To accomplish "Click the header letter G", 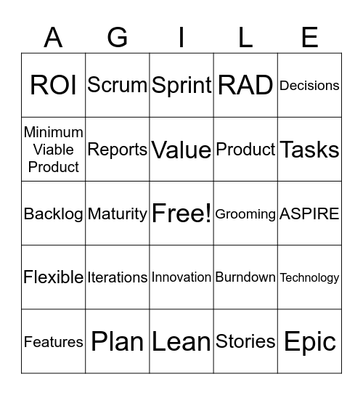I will pyautogui.click(x=118, y=36).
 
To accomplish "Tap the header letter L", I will pyautogui.click(x=245, y=36).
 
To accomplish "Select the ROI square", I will pyautogui.click(x=54, y=86).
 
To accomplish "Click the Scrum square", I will pyautogui.click(x=118, y=86).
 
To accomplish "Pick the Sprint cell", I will pyautogui.click(x=181, y=86).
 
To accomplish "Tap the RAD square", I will pyautogui.click(x=245, y=86).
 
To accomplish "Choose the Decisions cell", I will pyautogui.click(x=309, y=86).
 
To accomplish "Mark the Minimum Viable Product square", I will pyautogui.click(x=54, y=150).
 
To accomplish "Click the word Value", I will pyautogui.click(x=181, y=150).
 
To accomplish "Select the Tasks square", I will pyautogui.click(x=309, y=150).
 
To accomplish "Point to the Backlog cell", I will pyautogui.click(x=54, y=213).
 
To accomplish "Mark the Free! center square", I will pyautogui.click(x=181, y=213).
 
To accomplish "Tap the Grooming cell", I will pyautogui.click(x=245, y=213).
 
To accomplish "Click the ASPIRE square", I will pyautogui.click(x=309, y=213).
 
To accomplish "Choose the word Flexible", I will pyautogui.click(x=54, y=277).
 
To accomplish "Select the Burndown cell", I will pyautogui.click(x=245, y=277).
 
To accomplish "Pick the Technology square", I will pyautogui.click(x=309, y=277).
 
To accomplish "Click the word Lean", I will pyautogui.click(x=181, y=341).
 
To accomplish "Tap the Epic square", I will pyautogui.click(x=309, y=341).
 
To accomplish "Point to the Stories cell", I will pyautogui.click(x=245, y=341).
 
